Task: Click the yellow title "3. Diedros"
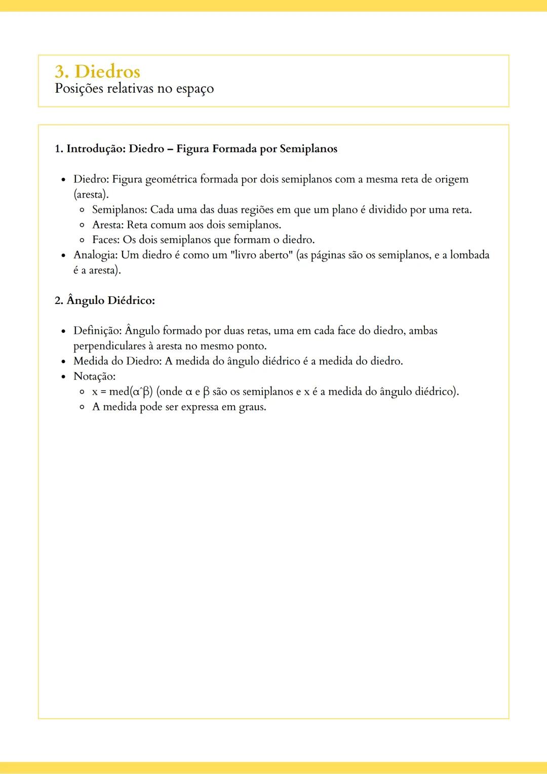pos(97,71)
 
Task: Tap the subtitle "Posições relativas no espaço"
pos(134,89)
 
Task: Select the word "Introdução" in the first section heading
pos(95,149)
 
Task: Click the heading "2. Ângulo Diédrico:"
pos(105,300)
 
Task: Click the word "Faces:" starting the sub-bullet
pos(105,240)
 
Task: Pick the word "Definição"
pos(97,331)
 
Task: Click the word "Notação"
pos(94,376)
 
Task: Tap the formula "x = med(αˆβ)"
pos(122,392)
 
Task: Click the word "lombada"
pos(470,255)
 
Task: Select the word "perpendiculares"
pos(109,346)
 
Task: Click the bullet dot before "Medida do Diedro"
pos(63,362)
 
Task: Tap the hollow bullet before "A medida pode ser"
pos(82,407)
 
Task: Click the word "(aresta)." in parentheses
pos(91,195)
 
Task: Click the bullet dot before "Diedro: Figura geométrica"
pos(63,180)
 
